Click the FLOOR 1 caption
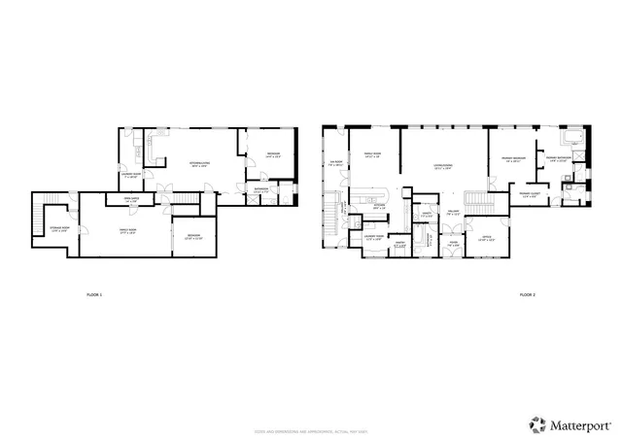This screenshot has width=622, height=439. pos(94,293)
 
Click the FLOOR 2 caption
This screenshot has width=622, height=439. pos(526,293)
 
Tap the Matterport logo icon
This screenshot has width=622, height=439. pos(536,422)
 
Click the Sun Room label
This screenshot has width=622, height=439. pos(337,164)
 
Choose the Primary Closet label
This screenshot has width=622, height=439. pos(530,194)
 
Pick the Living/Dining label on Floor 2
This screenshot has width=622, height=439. pos(446,167)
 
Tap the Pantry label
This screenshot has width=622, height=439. pos(400,245)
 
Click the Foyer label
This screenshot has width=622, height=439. pos(453,246)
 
